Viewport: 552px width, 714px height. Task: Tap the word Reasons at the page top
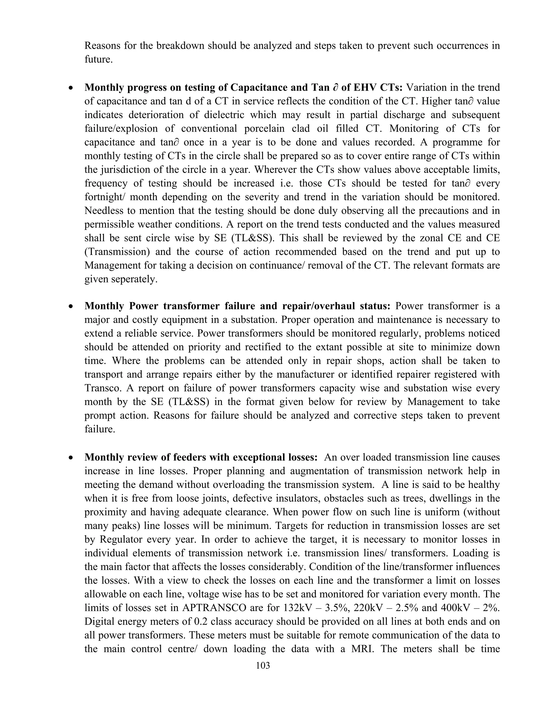click(102, 46)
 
